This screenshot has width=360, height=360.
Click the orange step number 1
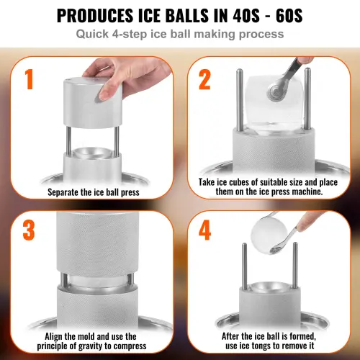(x=28, y=80)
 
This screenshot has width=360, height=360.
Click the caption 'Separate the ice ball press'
(x=94, y=193)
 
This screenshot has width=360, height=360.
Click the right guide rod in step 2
(x=307, y=101)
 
